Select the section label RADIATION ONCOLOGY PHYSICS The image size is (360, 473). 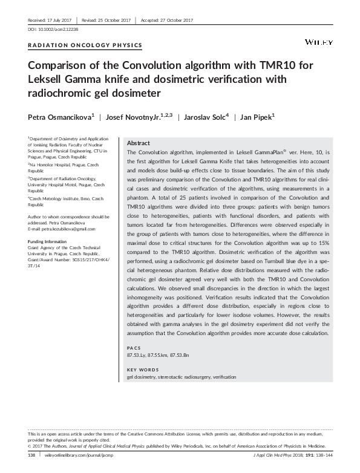click(85, 45)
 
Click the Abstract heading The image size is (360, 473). click(139, 143)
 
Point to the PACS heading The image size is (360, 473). click(134, 349)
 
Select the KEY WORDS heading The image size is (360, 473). click(143, 369)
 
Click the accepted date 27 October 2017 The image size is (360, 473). click(175, 20)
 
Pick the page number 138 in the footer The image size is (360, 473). click(33, 454)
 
